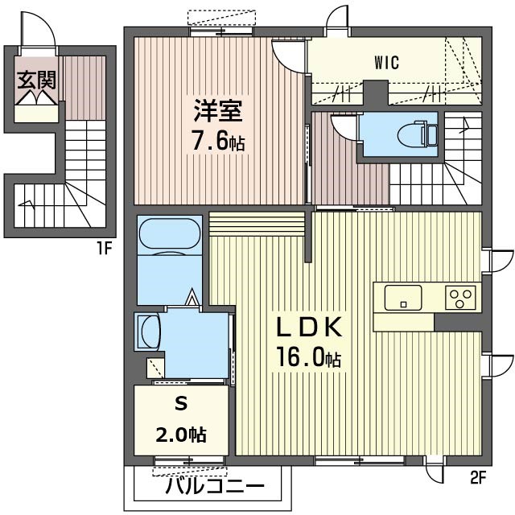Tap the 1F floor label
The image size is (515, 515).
coord(104,247)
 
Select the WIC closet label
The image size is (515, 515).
coord(386,61)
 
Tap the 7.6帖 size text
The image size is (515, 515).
coord(218,142)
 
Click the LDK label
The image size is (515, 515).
coord(311,328)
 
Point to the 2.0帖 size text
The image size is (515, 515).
coord(180,435)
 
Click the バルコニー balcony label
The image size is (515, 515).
coord(215,488)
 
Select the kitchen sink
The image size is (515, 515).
coord(402,297)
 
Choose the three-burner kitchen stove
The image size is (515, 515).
coord(461,298)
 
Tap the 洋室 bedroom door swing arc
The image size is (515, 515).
coord(287,51)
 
